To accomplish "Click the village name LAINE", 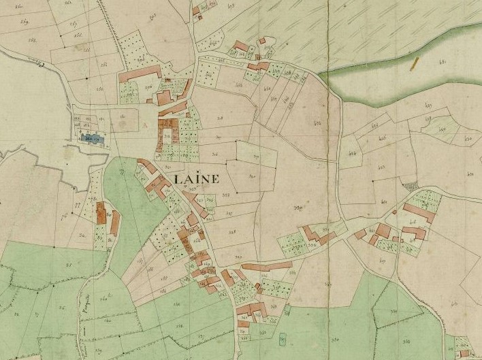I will (197, 180).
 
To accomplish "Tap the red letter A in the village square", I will (145, 125).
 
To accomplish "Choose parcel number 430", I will (468, 138).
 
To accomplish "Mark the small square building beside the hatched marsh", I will (261, 41).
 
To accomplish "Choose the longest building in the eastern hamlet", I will (419, 212).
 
